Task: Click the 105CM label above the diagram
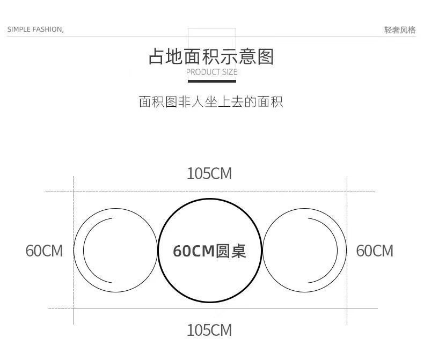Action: [x=209, y=174]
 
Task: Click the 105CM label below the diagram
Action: [x=209, y=330]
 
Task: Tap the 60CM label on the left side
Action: [x=44, y=251]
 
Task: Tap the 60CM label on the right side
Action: [x=375, y=251]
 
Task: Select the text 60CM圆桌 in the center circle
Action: [x=209, y=251]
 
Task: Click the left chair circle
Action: [x=115, y=251]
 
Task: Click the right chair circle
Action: [x=304, y=251]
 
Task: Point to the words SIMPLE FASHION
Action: [x=35, y=30]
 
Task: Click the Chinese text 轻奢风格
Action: [x=400, y=30]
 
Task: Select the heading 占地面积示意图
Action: [x=211, y=56]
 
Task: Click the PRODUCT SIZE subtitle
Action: [x=211, y=72]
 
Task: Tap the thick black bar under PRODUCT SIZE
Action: [x=211, y=81]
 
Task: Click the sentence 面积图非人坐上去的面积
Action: [x=211, y=101]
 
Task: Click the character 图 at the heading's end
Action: [x=265, y=56]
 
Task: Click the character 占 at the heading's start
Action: [x=156, y=56]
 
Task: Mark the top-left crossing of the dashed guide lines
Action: [x=74, y=192]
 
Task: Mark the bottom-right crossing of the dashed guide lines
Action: [x=347, y=308]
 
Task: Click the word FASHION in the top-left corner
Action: [x=48, y=30]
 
